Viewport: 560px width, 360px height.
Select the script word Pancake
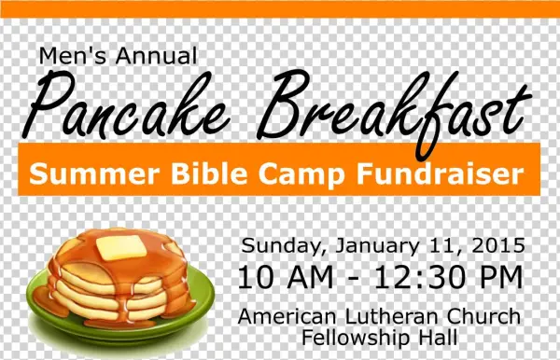coord(135,107)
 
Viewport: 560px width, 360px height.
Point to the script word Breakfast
coord(389,107)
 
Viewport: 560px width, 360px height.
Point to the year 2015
coord(497,246)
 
